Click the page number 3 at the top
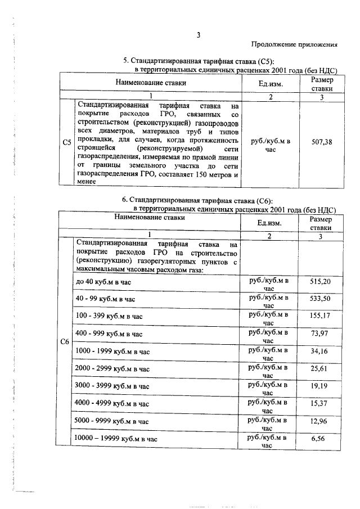point(198,35)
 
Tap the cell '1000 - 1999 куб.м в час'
point(113,352)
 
